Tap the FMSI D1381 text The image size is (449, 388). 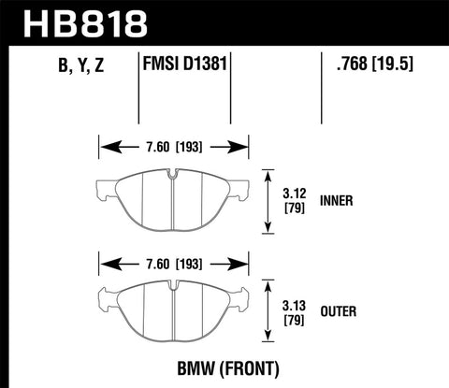coord(185,65)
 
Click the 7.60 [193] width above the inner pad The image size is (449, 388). coord(173,147)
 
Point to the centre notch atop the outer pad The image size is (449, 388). coord(173,291)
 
